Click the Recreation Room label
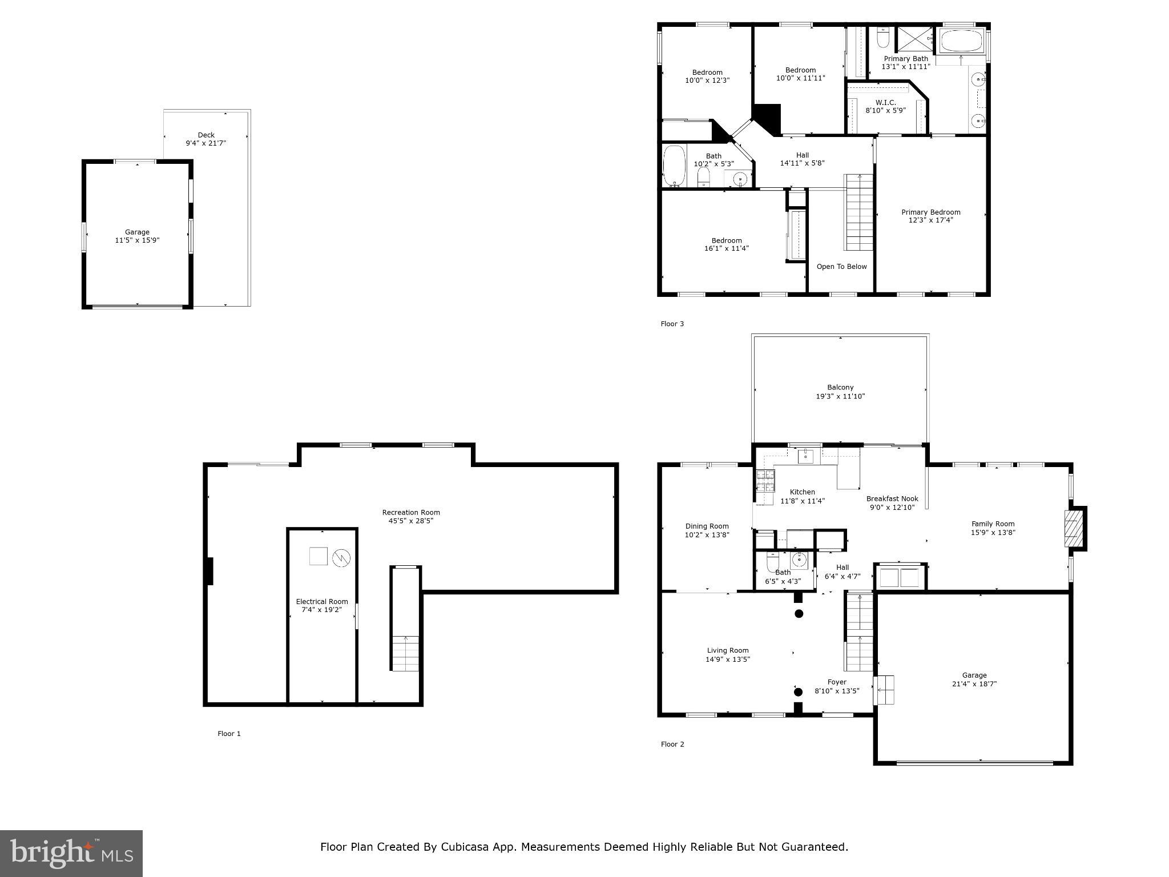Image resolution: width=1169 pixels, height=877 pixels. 410,512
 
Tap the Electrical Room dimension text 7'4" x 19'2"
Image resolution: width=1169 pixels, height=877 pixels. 322,610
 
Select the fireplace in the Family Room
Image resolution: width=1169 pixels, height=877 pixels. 1073,529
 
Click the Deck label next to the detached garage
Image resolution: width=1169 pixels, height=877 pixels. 206,135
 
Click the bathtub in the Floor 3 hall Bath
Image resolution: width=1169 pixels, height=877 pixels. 674,166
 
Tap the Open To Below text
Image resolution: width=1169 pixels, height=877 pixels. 841,267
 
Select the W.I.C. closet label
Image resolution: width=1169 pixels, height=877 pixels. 885,102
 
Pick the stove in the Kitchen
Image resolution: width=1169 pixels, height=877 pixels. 765,481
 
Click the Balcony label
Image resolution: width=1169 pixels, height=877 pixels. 840,387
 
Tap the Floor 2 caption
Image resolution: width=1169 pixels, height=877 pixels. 672,744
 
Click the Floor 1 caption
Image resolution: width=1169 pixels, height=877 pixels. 229,734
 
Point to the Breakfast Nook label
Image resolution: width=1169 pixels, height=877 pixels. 892,498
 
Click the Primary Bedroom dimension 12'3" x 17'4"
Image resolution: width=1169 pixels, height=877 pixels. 930,220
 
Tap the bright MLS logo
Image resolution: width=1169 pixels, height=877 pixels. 71,853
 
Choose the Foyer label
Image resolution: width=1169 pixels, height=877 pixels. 837,682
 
